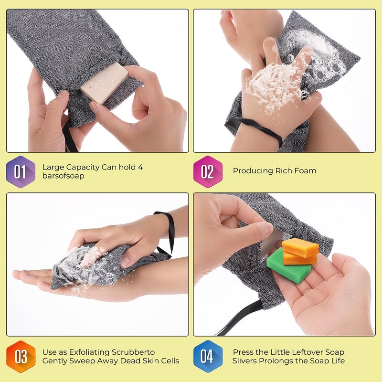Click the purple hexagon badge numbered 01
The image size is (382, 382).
pos(21,172)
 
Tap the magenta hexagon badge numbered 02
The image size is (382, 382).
pos(208,172)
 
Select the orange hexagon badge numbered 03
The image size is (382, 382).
pos(21,357)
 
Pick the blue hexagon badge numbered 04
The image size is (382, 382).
pos(208,356)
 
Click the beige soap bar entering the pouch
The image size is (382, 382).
pos(104,83)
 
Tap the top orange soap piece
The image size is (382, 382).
pos(300,247)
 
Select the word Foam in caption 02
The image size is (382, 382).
pos(305,171)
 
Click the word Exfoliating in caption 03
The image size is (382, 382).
pos(89,352)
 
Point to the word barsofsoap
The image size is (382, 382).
pos(64,176)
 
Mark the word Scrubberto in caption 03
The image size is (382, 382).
pos(133,352)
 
